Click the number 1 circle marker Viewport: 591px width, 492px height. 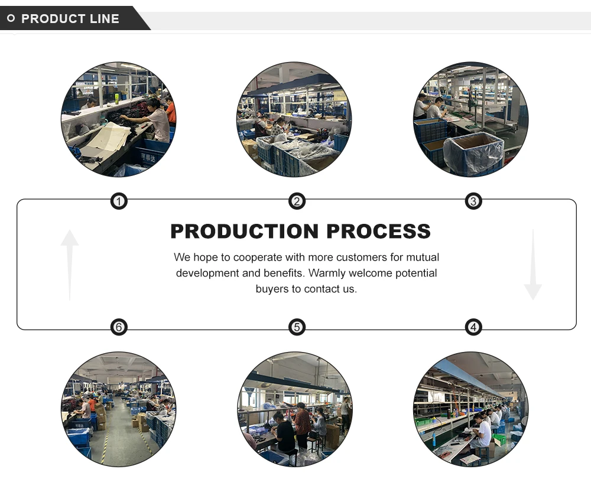click(x=119, y=202)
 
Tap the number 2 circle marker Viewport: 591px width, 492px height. click(x=297, y=202)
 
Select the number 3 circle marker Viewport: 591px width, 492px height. click(x=473, y=202)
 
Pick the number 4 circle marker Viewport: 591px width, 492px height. click(x=473, y=327)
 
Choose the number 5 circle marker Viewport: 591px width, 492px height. click(x=297, y=327)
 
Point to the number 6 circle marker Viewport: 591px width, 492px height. click(x=119, y=327)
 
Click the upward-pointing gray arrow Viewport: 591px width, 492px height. click(x=70, y=263)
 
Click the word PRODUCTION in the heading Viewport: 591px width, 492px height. click(x=245, y=231)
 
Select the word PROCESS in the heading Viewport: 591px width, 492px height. click(x=379, y=231)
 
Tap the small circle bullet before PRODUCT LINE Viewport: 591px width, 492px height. click(x=11, y=19)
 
